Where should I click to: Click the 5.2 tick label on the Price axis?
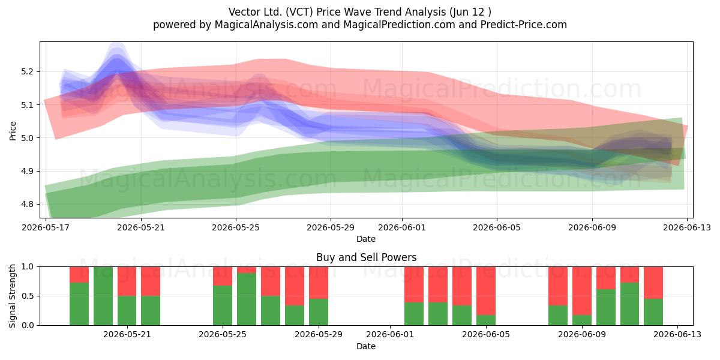(x=27, y=71)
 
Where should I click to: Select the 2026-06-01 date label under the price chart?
(x=402, y=227)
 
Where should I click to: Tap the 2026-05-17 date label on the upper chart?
(x=46, y=227)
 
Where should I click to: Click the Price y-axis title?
(x=13, y=131)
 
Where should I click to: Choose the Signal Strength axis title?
(x=12, y=296)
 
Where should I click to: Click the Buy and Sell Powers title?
(x=366, y=257)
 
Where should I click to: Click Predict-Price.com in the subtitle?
(x=524, y=25)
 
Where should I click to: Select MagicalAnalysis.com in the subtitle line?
(x=266, y=25)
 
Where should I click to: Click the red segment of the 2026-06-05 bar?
(x=485, y=290)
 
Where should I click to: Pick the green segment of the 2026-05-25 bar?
(x=223, y=305)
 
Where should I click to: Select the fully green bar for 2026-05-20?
(x=103, y=296)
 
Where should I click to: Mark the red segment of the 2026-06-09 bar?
(x=582, y=290)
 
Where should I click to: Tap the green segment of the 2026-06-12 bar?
(x=653, y=312)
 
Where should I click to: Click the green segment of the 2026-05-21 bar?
(x=127, y=311)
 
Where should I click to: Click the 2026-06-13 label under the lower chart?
(x=677, y=334)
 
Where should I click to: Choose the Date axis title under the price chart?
(x=366, y=239)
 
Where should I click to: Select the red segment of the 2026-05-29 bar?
(x=319, y=283)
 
